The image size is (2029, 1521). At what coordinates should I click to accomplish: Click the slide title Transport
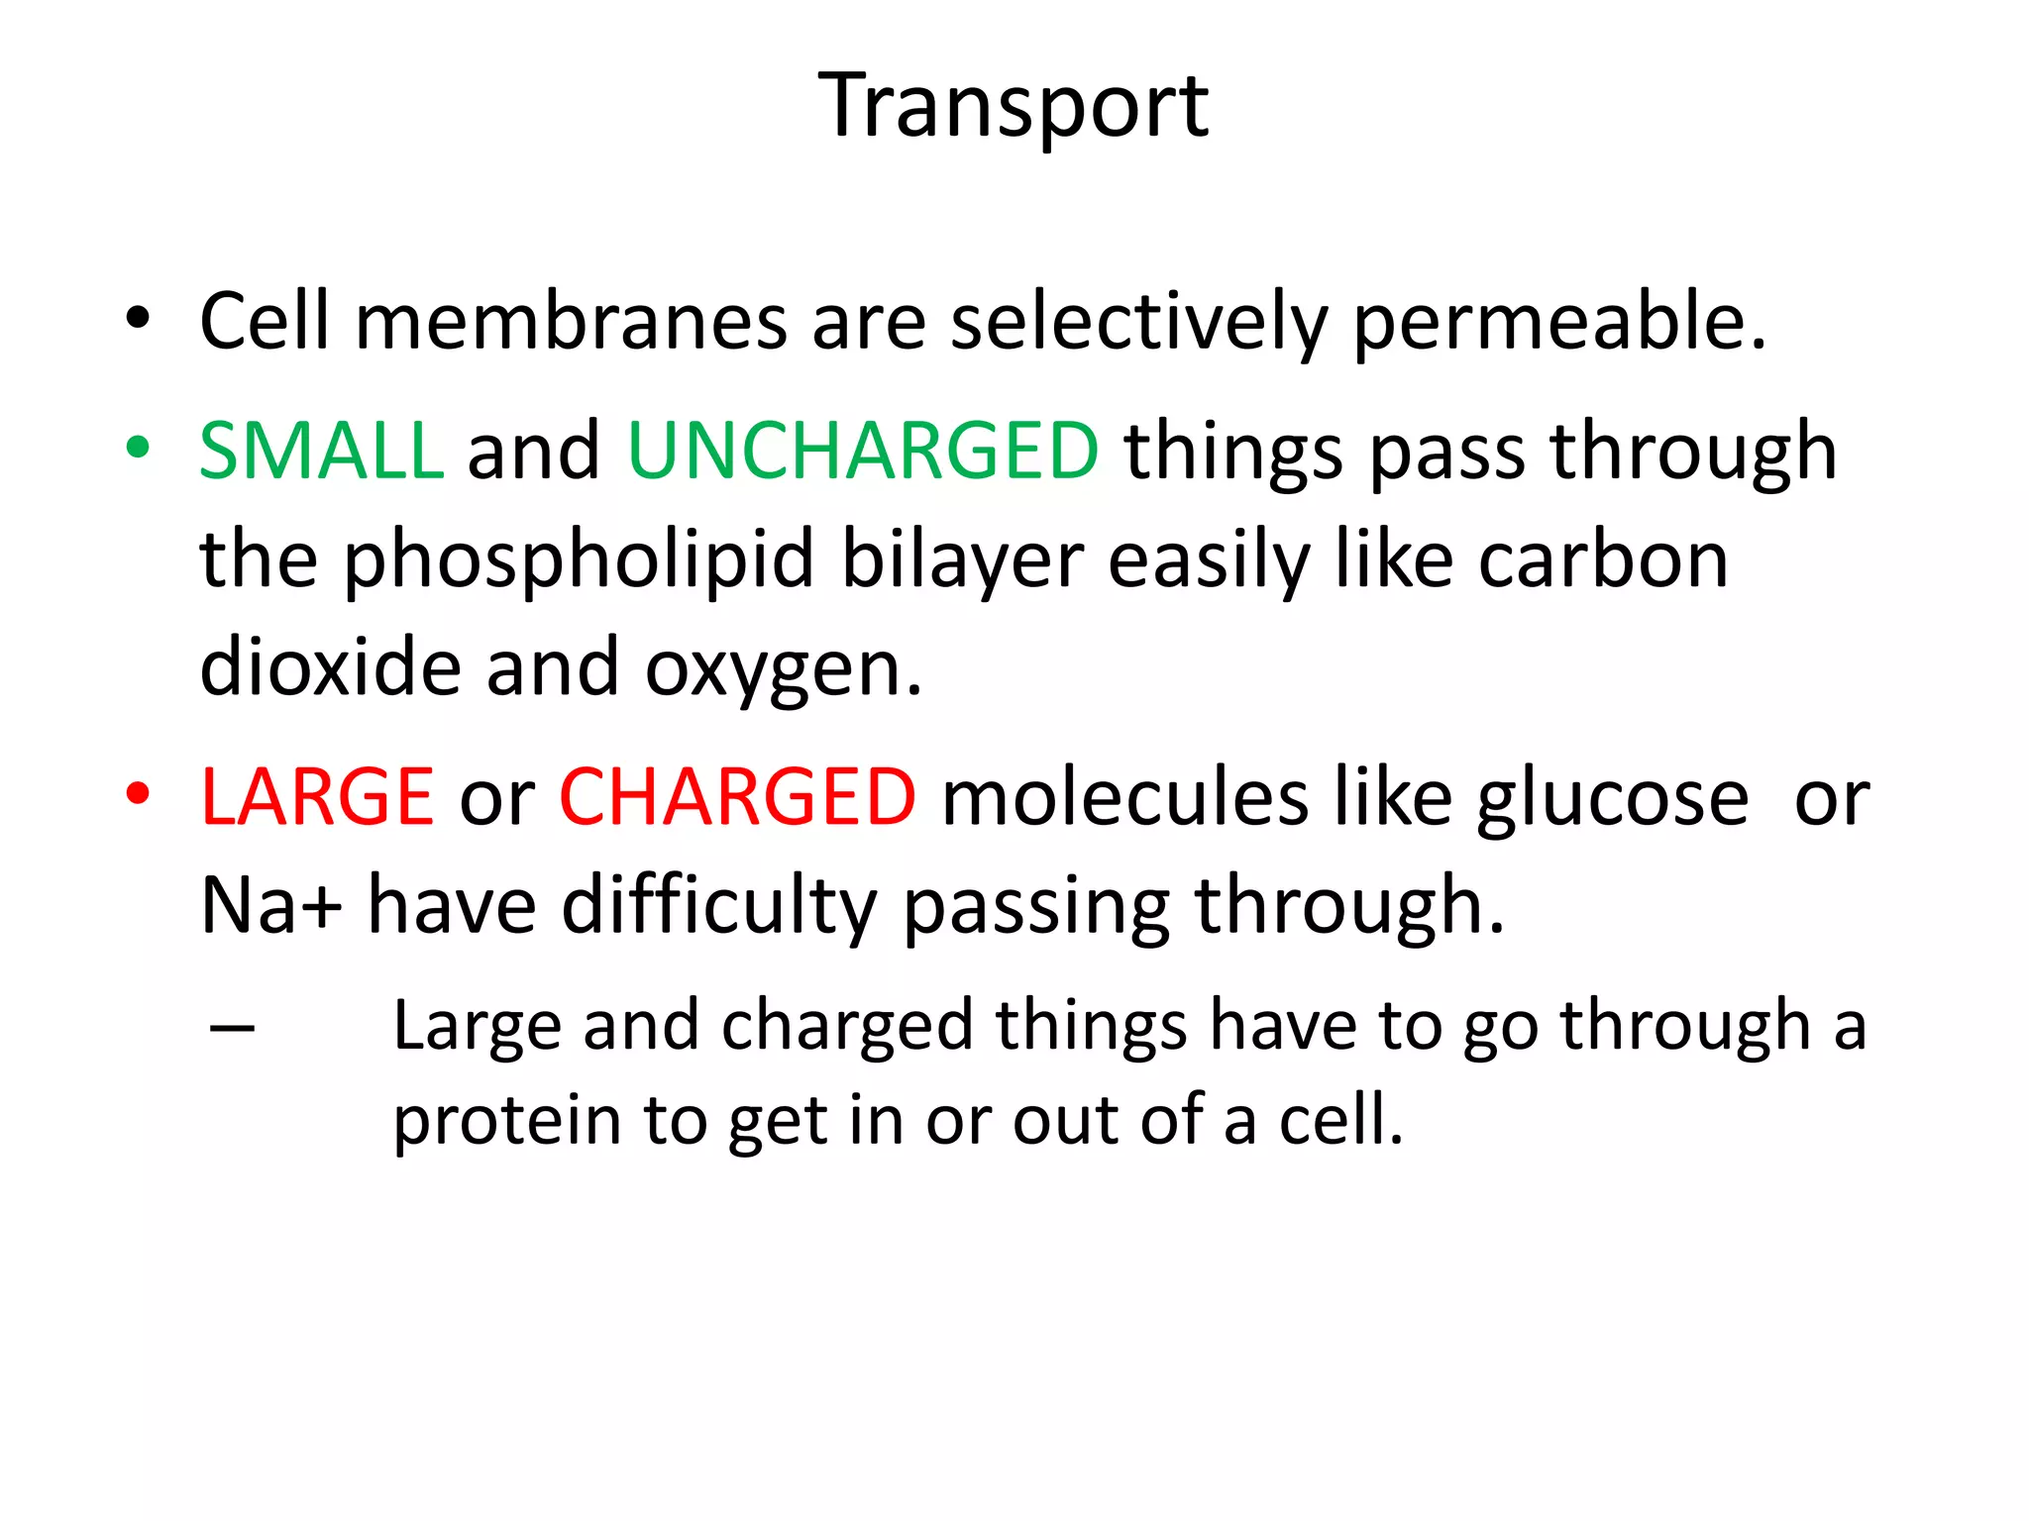click(1014, 106)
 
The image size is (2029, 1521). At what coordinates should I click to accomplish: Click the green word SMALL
click(321, 451)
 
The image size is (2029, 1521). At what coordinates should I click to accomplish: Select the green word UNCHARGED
click(862, 451)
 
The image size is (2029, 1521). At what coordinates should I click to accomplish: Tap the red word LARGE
click(317, 797)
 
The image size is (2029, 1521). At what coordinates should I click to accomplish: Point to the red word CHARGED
click(737, 797)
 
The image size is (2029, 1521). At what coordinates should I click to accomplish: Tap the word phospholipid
click(579, 561)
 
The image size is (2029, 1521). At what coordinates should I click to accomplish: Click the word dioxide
click(330, 668)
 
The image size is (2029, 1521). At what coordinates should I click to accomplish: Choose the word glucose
click(1612, 797)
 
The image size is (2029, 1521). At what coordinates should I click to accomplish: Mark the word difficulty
click(719, 906)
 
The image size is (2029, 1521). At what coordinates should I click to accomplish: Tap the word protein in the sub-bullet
click(506, 1122)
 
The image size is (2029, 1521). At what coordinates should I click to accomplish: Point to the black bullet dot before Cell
click(138, 319)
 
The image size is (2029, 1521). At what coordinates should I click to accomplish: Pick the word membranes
click(572, 322)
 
